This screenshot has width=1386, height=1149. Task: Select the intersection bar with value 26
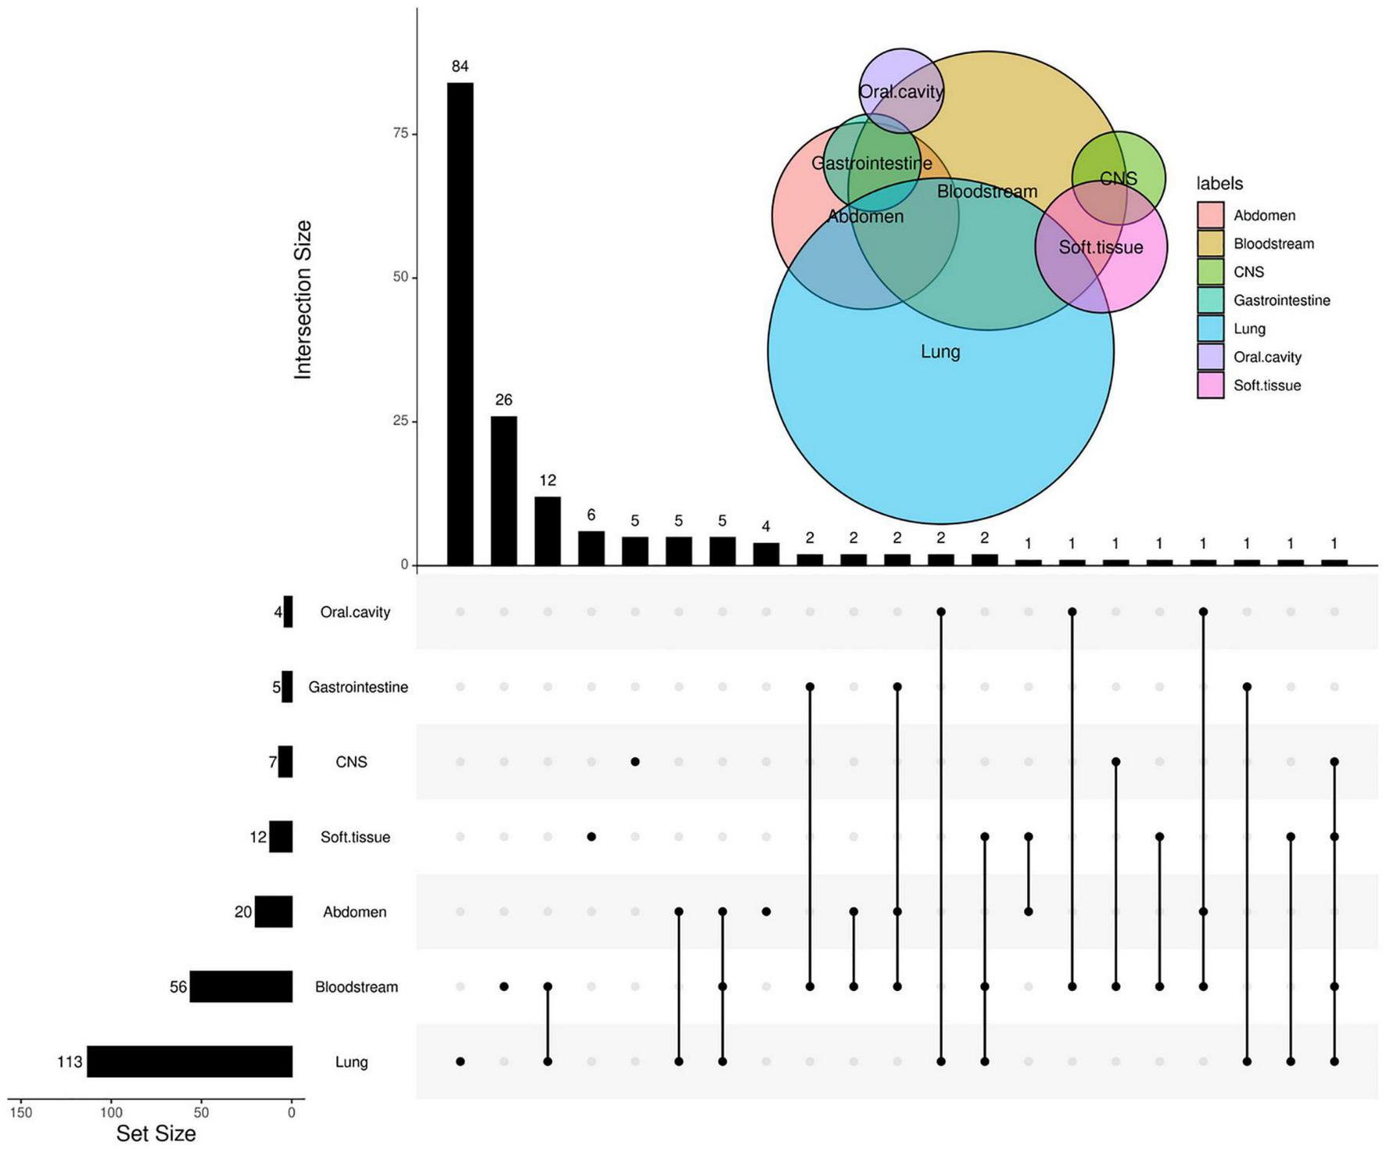click(x=504, y=490)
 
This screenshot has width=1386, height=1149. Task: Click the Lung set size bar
click(x=189, y=1061)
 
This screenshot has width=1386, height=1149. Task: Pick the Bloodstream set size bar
click(x=241, y=986)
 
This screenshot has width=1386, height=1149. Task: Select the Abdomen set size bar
click(x=274, y=912)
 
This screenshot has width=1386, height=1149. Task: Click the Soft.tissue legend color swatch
click(x=1210, y=385)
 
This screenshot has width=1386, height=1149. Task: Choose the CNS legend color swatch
click(x=1210, y=271)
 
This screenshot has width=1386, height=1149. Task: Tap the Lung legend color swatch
click(x=1210, y=329)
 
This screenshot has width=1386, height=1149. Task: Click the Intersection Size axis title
click(x=303, y=300)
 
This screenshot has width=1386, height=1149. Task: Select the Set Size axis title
click(x=156, y=1133)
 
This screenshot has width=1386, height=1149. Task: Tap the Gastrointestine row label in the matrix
click(x=357, y=688)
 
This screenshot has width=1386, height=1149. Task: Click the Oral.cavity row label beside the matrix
click(x=354, y=612)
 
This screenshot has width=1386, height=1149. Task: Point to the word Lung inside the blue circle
click(x=940, y=352)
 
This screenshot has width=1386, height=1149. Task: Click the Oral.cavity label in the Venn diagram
click(x=901, y=92)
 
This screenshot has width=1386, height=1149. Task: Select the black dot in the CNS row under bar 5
click(x=635, y=762)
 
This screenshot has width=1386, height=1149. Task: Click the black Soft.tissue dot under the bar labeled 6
click(x=591, y=837)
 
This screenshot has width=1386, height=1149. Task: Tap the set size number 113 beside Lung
click(x=70, y=1062)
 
